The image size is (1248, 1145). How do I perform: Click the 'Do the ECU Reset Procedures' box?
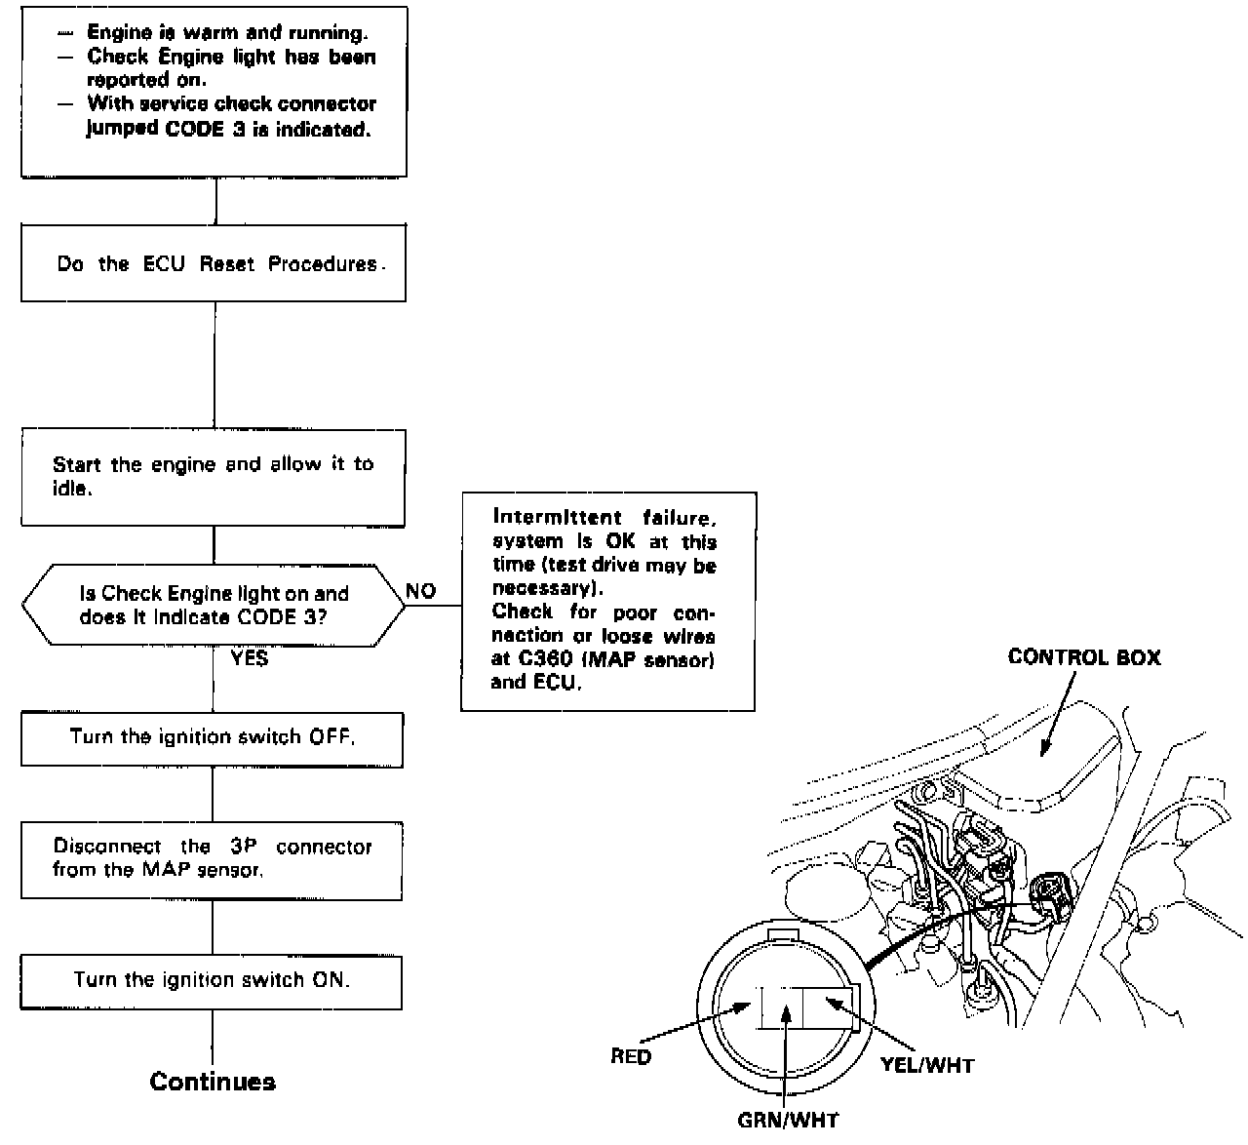tap(214, 263)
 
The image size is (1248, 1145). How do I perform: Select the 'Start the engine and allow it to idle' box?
tap(214, 477)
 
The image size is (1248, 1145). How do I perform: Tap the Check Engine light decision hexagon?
tap(214, 605)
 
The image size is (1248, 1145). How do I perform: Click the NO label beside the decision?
tap(421, 591)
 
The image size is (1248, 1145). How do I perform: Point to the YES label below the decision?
tap(249, 658)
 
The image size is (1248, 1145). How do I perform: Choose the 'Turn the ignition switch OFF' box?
tap(212, 737)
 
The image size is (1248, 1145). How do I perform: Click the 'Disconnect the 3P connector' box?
tap(212, 858)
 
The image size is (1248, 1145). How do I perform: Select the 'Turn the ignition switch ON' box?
tap(212, 980)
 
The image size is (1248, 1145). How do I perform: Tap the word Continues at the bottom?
tap(213, 1082)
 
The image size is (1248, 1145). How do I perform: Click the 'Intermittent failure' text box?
tap(607, 601)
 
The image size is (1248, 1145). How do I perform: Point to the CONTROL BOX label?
tap(1084, 657)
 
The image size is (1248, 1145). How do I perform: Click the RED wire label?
tap(631, 1056)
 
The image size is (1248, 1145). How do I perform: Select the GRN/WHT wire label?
tap(788, 1120)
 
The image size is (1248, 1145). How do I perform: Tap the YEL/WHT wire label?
tap(926, 1065)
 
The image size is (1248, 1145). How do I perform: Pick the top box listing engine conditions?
tap(214, 92)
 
